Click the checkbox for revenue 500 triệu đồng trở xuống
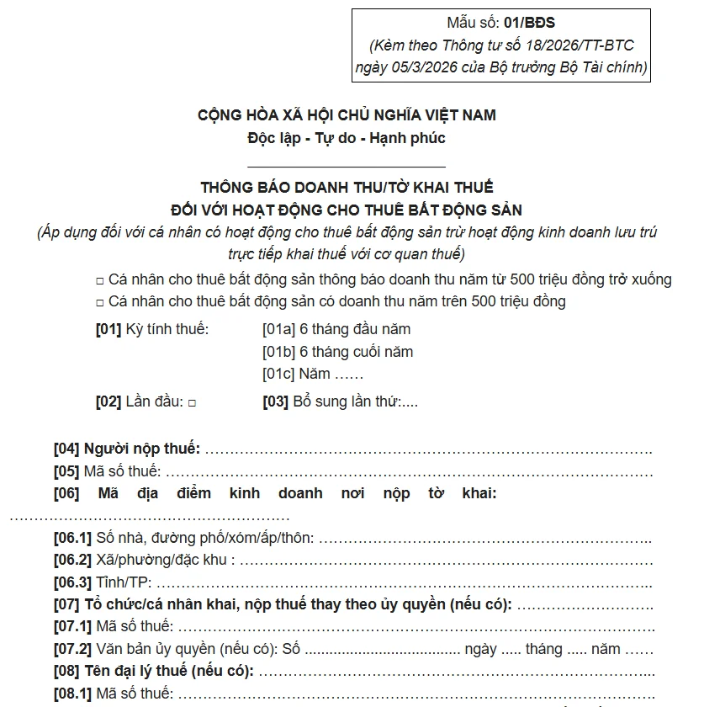100,280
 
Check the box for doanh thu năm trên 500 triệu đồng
100,302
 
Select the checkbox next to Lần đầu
192,403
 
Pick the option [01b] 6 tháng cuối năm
337,352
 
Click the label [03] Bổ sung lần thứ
340,402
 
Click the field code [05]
66,471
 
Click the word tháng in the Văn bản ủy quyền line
544,649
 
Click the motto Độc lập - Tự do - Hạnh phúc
347,137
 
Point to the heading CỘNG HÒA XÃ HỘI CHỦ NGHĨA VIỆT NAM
347,114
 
